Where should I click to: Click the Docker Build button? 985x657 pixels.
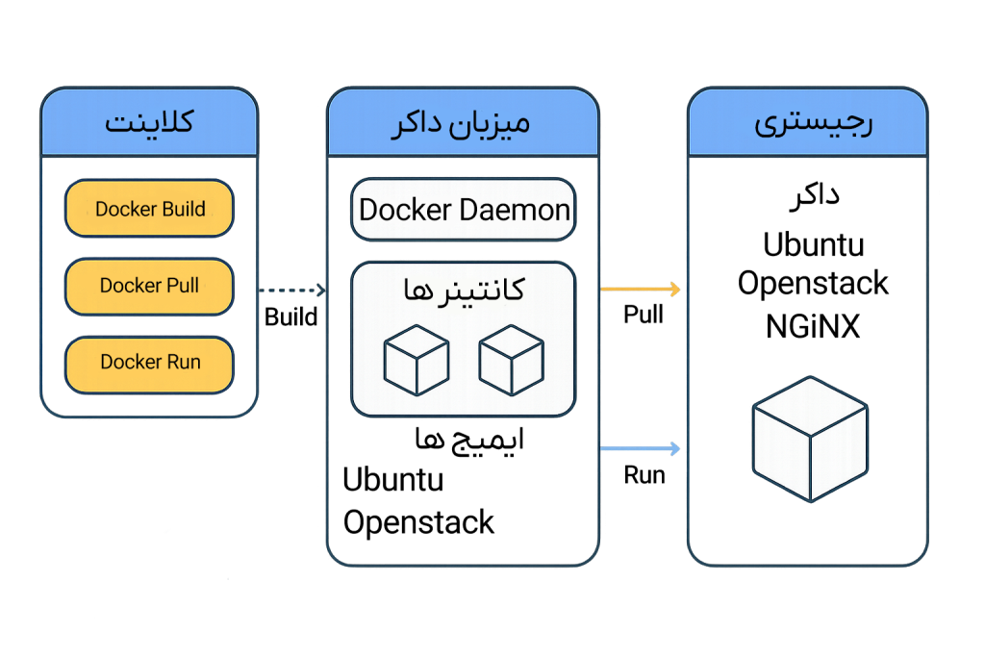pyautogui.click(x=149, y=209)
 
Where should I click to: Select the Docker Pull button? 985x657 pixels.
pyautogui.click(x=149, y=286)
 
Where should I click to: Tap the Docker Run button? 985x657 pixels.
pyautogui.click(x=149, y=363)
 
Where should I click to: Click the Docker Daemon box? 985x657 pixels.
pyautogui.click(x=464, y=210)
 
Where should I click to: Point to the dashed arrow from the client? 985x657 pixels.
pyautogui.click(x=292, y=290)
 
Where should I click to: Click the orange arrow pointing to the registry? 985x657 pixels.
pyautogui.click(x=640, y=289)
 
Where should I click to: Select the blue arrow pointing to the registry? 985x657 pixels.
pyautogui.click(x=640, y=448)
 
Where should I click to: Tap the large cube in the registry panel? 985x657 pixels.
pyautogui.click(x=810, y=439)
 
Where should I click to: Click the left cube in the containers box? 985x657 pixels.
pyautogui.click(x=417, y=360)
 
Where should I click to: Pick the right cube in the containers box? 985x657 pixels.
pyautogui.click(x=511, y=360)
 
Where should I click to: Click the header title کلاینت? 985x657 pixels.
pyautogui.click(x=149, y=123)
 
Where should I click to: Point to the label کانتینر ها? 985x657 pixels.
pyautogui.click(x=464, y=290)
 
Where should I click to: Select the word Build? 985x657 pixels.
pyautogui.click(x=183, y=209)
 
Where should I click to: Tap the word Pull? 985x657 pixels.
pyautogui.click(x=181, y=286)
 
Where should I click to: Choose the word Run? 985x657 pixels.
pyautogui.click(x=183, y=363)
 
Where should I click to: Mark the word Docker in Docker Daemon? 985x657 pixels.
pyautogui.click(x=405, y=210)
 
